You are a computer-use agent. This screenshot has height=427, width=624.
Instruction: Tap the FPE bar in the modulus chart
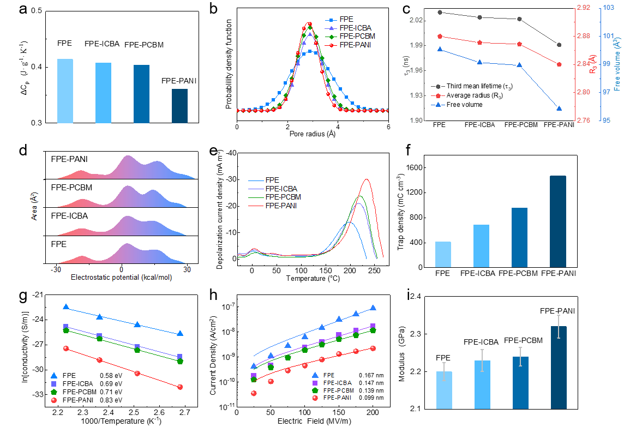click(x=443, y=389)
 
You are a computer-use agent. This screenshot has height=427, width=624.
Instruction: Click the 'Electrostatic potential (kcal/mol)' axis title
click(x=121, y=278)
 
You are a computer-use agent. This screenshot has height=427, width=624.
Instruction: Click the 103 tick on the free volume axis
click(x=616, y=8)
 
